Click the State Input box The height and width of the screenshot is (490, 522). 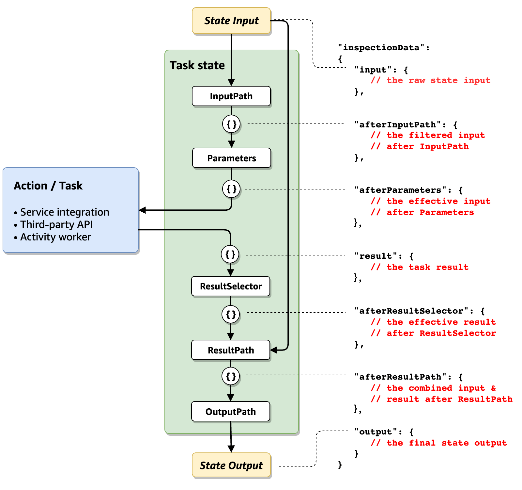(x=231, y=21)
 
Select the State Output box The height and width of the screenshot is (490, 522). (x=231, y=465)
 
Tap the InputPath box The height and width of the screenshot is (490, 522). (x=231, y=96)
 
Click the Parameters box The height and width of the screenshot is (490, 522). (x=232, y=158)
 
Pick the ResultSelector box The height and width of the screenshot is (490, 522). (x=231, y=286)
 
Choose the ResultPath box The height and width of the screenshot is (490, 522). (x=231, y=350)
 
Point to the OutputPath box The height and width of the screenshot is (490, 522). (x=231, y=412)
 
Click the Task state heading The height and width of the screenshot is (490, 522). (x=197, y=65)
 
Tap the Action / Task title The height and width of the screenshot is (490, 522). (x=48, y=186)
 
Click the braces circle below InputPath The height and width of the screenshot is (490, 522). (x=232, y=124)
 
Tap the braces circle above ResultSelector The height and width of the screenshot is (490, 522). (x=230, y=254)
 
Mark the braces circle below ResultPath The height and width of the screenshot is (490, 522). (x=231, y=376)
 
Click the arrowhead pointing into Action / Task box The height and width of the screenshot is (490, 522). (x=142, y=210)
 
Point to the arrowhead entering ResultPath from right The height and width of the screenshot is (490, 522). (x=274, y=350)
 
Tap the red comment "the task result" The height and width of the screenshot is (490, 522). (x=420, y=267)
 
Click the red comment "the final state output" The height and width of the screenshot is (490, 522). (x=439, y=443)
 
